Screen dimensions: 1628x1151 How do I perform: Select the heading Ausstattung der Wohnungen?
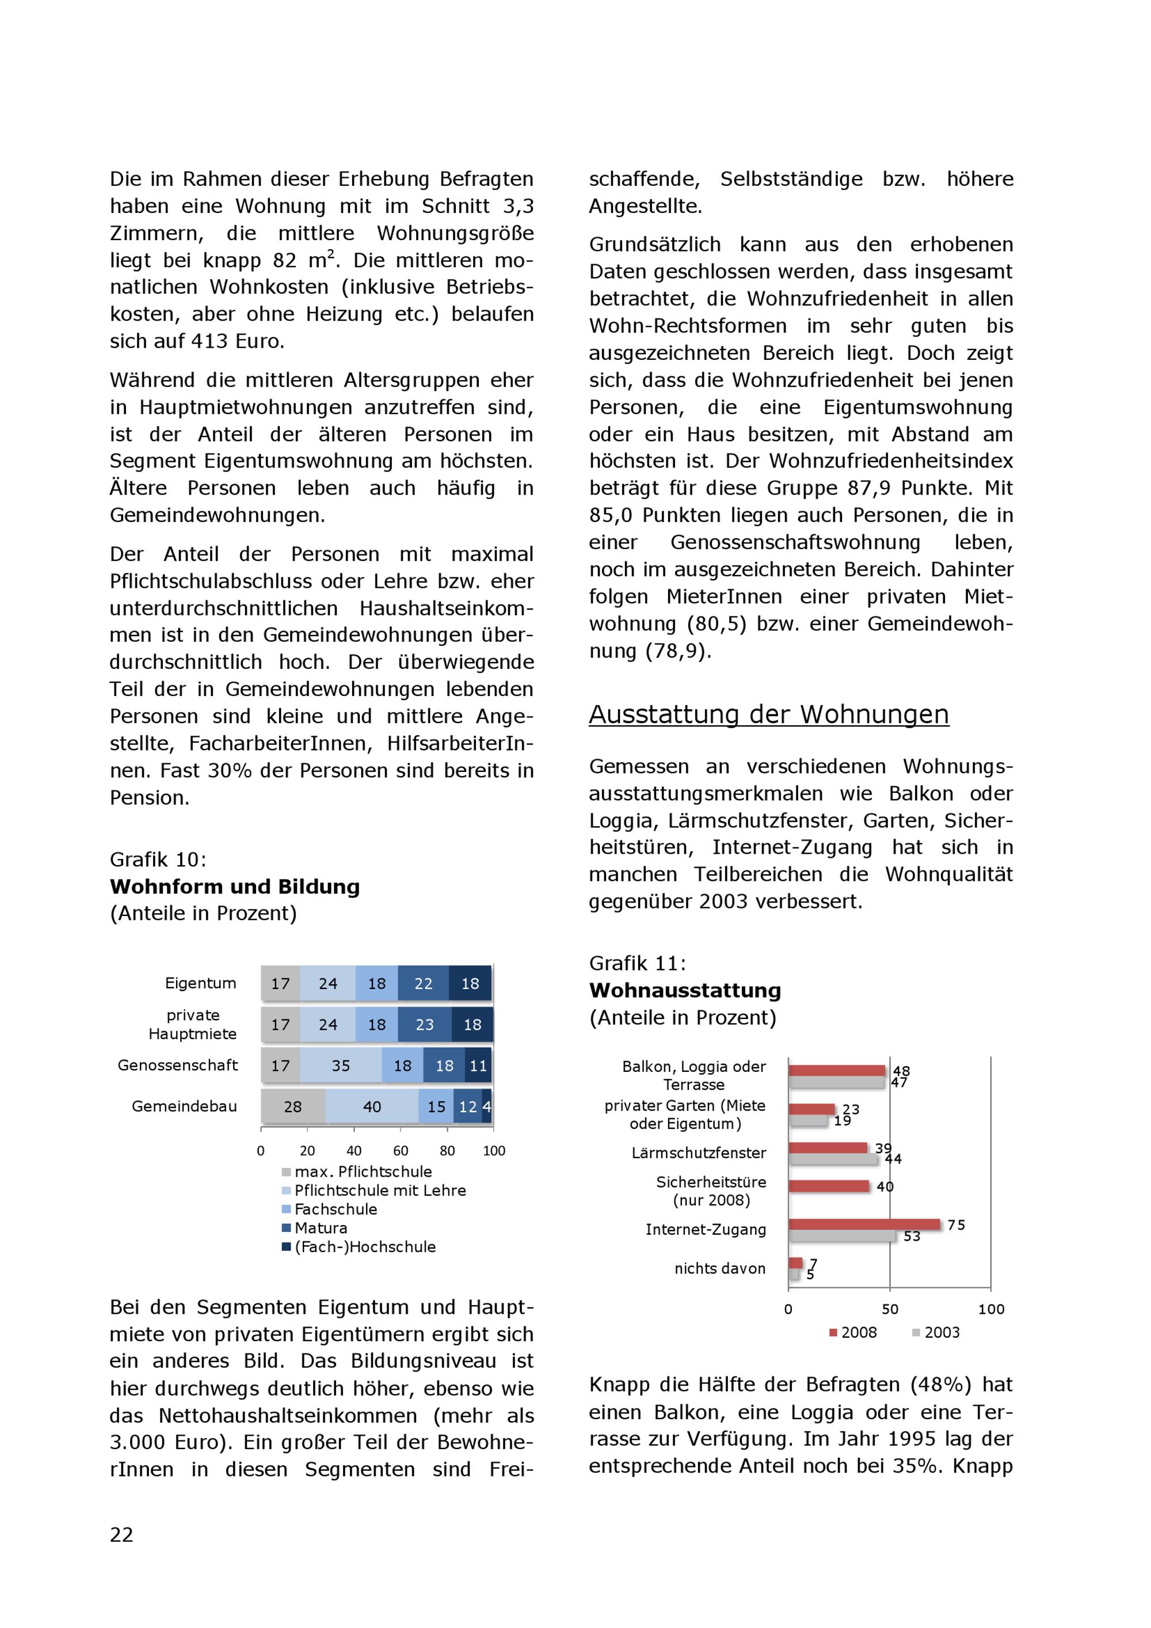click(x=768, y=714)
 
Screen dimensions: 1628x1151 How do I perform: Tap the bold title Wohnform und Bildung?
click(x=235, y=887)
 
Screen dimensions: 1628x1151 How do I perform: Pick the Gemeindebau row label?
click(x=184, y=1106)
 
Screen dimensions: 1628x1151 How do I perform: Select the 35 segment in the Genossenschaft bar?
click(x=341, y=1066)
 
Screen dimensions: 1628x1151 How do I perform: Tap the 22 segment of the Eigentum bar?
click(x=423, y=983)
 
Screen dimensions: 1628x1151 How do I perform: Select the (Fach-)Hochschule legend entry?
click(x=364, y=1246)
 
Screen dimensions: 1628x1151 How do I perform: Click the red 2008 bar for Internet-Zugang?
click(x=864, y=1224)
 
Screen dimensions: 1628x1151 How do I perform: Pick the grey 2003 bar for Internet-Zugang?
click(x=842, y=1236)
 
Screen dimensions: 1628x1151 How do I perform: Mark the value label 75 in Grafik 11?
click(x=956, y=1225)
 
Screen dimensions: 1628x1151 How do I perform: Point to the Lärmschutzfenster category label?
click(x=699, y=1153)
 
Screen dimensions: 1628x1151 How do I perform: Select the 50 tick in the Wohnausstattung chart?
click(x=890, y=1309)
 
